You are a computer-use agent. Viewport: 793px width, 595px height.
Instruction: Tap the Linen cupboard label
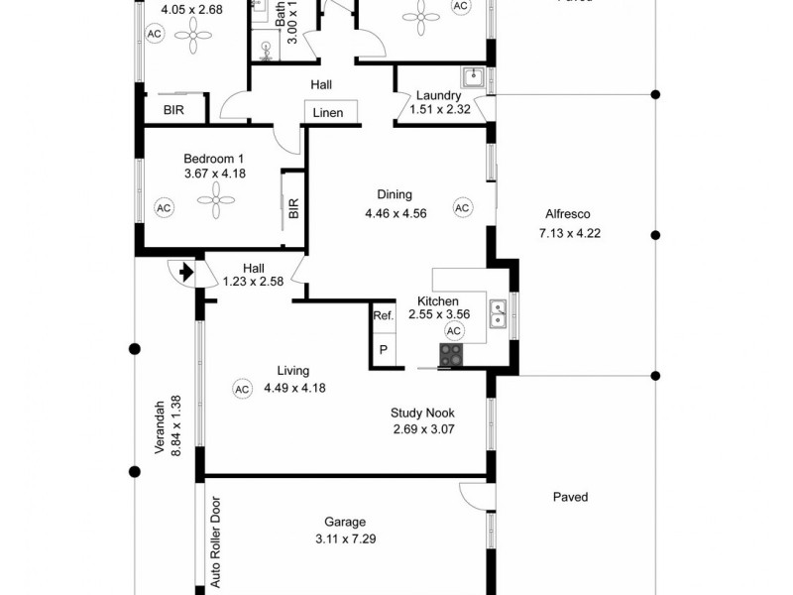tap(328, 113)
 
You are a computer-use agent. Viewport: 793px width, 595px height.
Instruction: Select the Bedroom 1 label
tap(214, 159)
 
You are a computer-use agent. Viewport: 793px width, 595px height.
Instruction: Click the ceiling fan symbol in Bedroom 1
tap(215, 202)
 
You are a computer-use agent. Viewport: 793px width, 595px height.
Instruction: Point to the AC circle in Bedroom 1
tap(165, 207)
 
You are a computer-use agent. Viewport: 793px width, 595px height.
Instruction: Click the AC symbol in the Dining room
tap(462, 207)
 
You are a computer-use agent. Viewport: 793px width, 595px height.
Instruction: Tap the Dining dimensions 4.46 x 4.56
tap(395, 213)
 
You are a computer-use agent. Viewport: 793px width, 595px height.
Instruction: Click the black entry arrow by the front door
tap(183, 271)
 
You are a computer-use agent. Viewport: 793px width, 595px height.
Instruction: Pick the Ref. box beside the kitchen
tap(384, 315)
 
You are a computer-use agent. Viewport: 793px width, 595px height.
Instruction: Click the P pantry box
tap(384, 349)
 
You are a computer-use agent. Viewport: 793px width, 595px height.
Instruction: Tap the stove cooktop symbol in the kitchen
tap(451, 354)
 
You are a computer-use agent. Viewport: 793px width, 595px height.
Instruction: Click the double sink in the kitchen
tap(500, 314)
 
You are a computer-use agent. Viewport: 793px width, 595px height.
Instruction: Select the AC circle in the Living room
tap(242, 389)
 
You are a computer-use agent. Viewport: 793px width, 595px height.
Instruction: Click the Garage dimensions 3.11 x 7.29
tap(345, 539)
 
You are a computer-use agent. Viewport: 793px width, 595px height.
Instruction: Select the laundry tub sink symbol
tap(472, 75)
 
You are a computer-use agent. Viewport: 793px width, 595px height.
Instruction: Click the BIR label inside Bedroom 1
tap(293, 208)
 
